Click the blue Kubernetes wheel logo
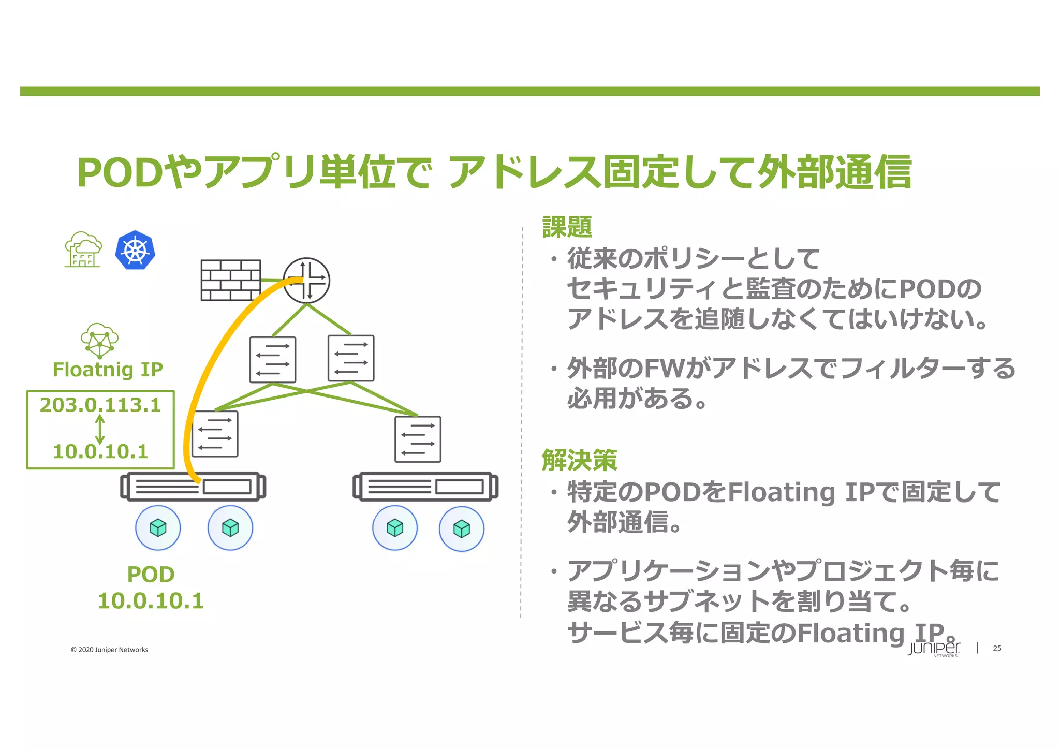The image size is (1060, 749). click(x=135, y=250)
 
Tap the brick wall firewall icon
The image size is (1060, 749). click(x=230, y=280)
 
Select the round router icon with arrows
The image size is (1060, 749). click(x=306, y=281)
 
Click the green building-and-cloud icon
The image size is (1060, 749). click(x=82, y=249)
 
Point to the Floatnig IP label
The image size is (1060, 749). click(x=108, y=370)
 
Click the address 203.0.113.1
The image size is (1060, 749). click(x=100, y=405)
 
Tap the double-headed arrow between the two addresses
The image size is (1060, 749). click(x=100, y=429)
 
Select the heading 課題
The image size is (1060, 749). click(x=567, y=227)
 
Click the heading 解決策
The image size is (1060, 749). click(x=579, y=460)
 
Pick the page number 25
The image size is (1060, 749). click(x=997, y=648)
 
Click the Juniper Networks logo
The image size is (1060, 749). click(x=934, y=649)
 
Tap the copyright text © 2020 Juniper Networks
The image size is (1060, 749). click(x=109, y=650)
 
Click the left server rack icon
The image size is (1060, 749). click(x=193, y=487)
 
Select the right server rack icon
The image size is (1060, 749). click(x=425, y=487)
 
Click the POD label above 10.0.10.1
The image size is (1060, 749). click(x=151, y=575)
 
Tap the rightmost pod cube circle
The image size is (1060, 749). click(x=461, y=529)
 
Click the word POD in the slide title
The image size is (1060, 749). click(x=121, y=173)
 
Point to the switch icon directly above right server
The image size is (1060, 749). click(x=418, y=439)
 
